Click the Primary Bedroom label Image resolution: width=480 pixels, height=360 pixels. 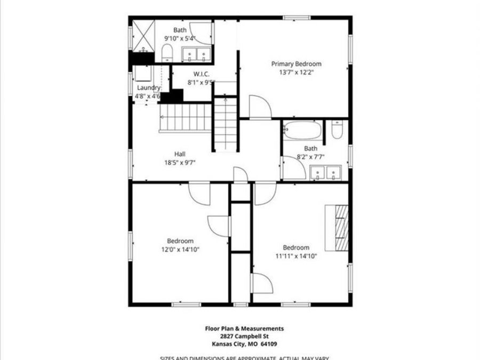296,63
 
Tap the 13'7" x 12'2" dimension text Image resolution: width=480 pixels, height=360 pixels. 296,73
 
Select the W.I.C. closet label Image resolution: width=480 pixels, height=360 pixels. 201,74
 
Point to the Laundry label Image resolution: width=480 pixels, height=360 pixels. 148,87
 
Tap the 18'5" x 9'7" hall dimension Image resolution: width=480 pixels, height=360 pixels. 180,163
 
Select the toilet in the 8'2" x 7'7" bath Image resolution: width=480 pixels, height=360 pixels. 337,131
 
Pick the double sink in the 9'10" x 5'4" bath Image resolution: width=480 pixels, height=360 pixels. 196,54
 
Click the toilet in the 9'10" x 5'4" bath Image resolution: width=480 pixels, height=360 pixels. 167,53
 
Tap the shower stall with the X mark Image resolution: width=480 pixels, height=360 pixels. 143,35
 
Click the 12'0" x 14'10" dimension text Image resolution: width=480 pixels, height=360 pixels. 180,249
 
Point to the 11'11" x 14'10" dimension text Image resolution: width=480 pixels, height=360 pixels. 296,256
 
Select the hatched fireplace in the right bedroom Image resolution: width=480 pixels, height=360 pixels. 340,227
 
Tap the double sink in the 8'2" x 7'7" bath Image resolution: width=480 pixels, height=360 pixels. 326,173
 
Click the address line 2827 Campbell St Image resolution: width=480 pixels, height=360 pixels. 245,337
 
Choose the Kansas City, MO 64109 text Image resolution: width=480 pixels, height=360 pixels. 245,344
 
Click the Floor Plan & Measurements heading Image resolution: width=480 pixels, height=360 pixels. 245,329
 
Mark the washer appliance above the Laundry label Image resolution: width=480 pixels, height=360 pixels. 143,73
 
